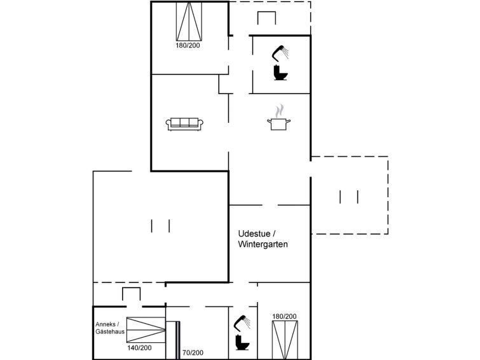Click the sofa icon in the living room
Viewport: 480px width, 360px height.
tap(184, 124)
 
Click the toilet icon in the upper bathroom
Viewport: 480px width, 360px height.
tap(280, 73)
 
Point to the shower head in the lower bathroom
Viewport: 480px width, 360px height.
tap(242, 323)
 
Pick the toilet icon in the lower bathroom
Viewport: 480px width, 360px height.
tap(242, 343)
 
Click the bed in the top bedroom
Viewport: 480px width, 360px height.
tap(189, 22)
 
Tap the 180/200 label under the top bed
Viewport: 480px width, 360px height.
tap(188, 45)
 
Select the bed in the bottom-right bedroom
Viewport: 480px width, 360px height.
tap(285, 340)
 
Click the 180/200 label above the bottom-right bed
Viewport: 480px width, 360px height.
tap(284, 317)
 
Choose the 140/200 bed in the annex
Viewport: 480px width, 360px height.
tap(146, 329)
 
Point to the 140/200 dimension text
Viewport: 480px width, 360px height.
tap(139, 348)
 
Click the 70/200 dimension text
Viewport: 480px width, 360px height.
tap(193, 352)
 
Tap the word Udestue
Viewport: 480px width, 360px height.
tap(254, 233)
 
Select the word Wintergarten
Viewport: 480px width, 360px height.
tap(263, 244)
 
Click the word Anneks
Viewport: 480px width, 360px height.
tap(106, 324)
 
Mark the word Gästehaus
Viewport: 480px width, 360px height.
tap(110, 331)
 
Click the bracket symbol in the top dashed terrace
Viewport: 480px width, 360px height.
tap(266, 18)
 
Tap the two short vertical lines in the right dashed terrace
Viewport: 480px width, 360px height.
tap(349, 197)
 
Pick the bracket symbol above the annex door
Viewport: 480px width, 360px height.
tap(132, 294)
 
